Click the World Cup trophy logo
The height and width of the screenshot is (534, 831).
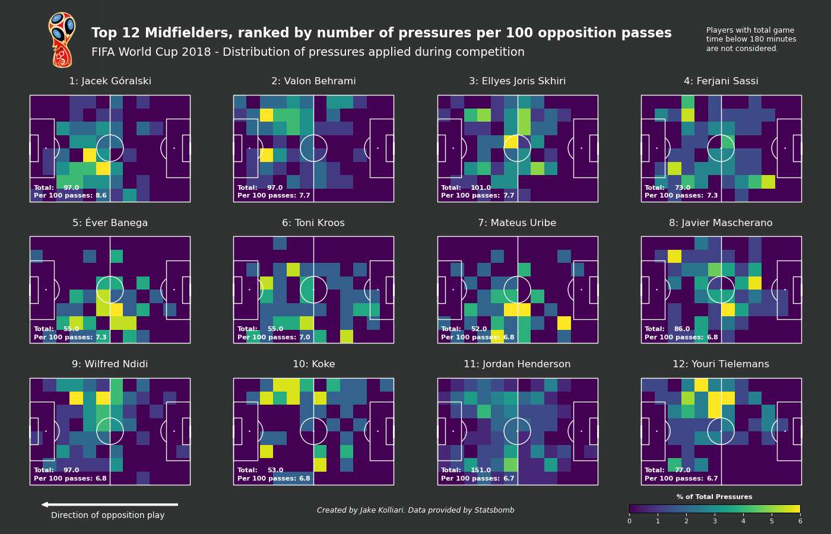coord(62,40)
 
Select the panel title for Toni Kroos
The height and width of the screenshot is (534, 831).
coord(313,223)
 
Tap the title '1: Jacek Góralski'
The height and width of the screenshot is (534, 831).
coord(110,81)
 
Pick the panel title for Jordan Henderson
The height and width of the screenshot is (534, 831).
coord(517,364)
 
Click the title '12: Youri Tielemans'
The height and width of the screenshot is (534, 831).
coord(721,364)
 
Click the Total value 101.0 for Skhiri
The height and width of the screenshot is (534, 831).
coord(481,188)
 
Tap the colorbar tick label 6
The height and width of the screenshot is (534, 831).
coord(800,522)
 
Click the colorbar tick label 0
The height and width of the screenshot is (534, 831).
coord(629,522)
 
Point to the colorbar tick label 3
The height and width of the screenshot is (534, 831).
coord(715,522)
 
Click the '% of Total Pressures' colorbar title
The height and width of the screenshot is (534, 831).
coord(714,497)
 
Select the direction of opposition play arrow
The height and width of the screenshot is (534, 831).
coord(110,505)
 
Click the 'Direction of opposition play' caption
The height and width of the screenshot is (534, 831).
coord(107,516)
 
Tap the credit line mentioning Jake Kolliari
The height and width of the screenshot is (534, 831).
coord(415,511)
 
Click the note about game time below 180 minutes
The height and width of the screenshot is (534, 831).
coord(751,40)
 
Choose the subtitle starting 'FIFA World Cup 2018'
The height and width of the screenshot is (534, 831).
coord(307,52)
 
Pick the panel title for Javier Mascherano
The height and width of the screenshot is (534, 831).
coord(721,223)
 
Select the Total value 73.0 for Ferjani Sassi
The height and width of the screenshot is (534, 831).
coord(683,188)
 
